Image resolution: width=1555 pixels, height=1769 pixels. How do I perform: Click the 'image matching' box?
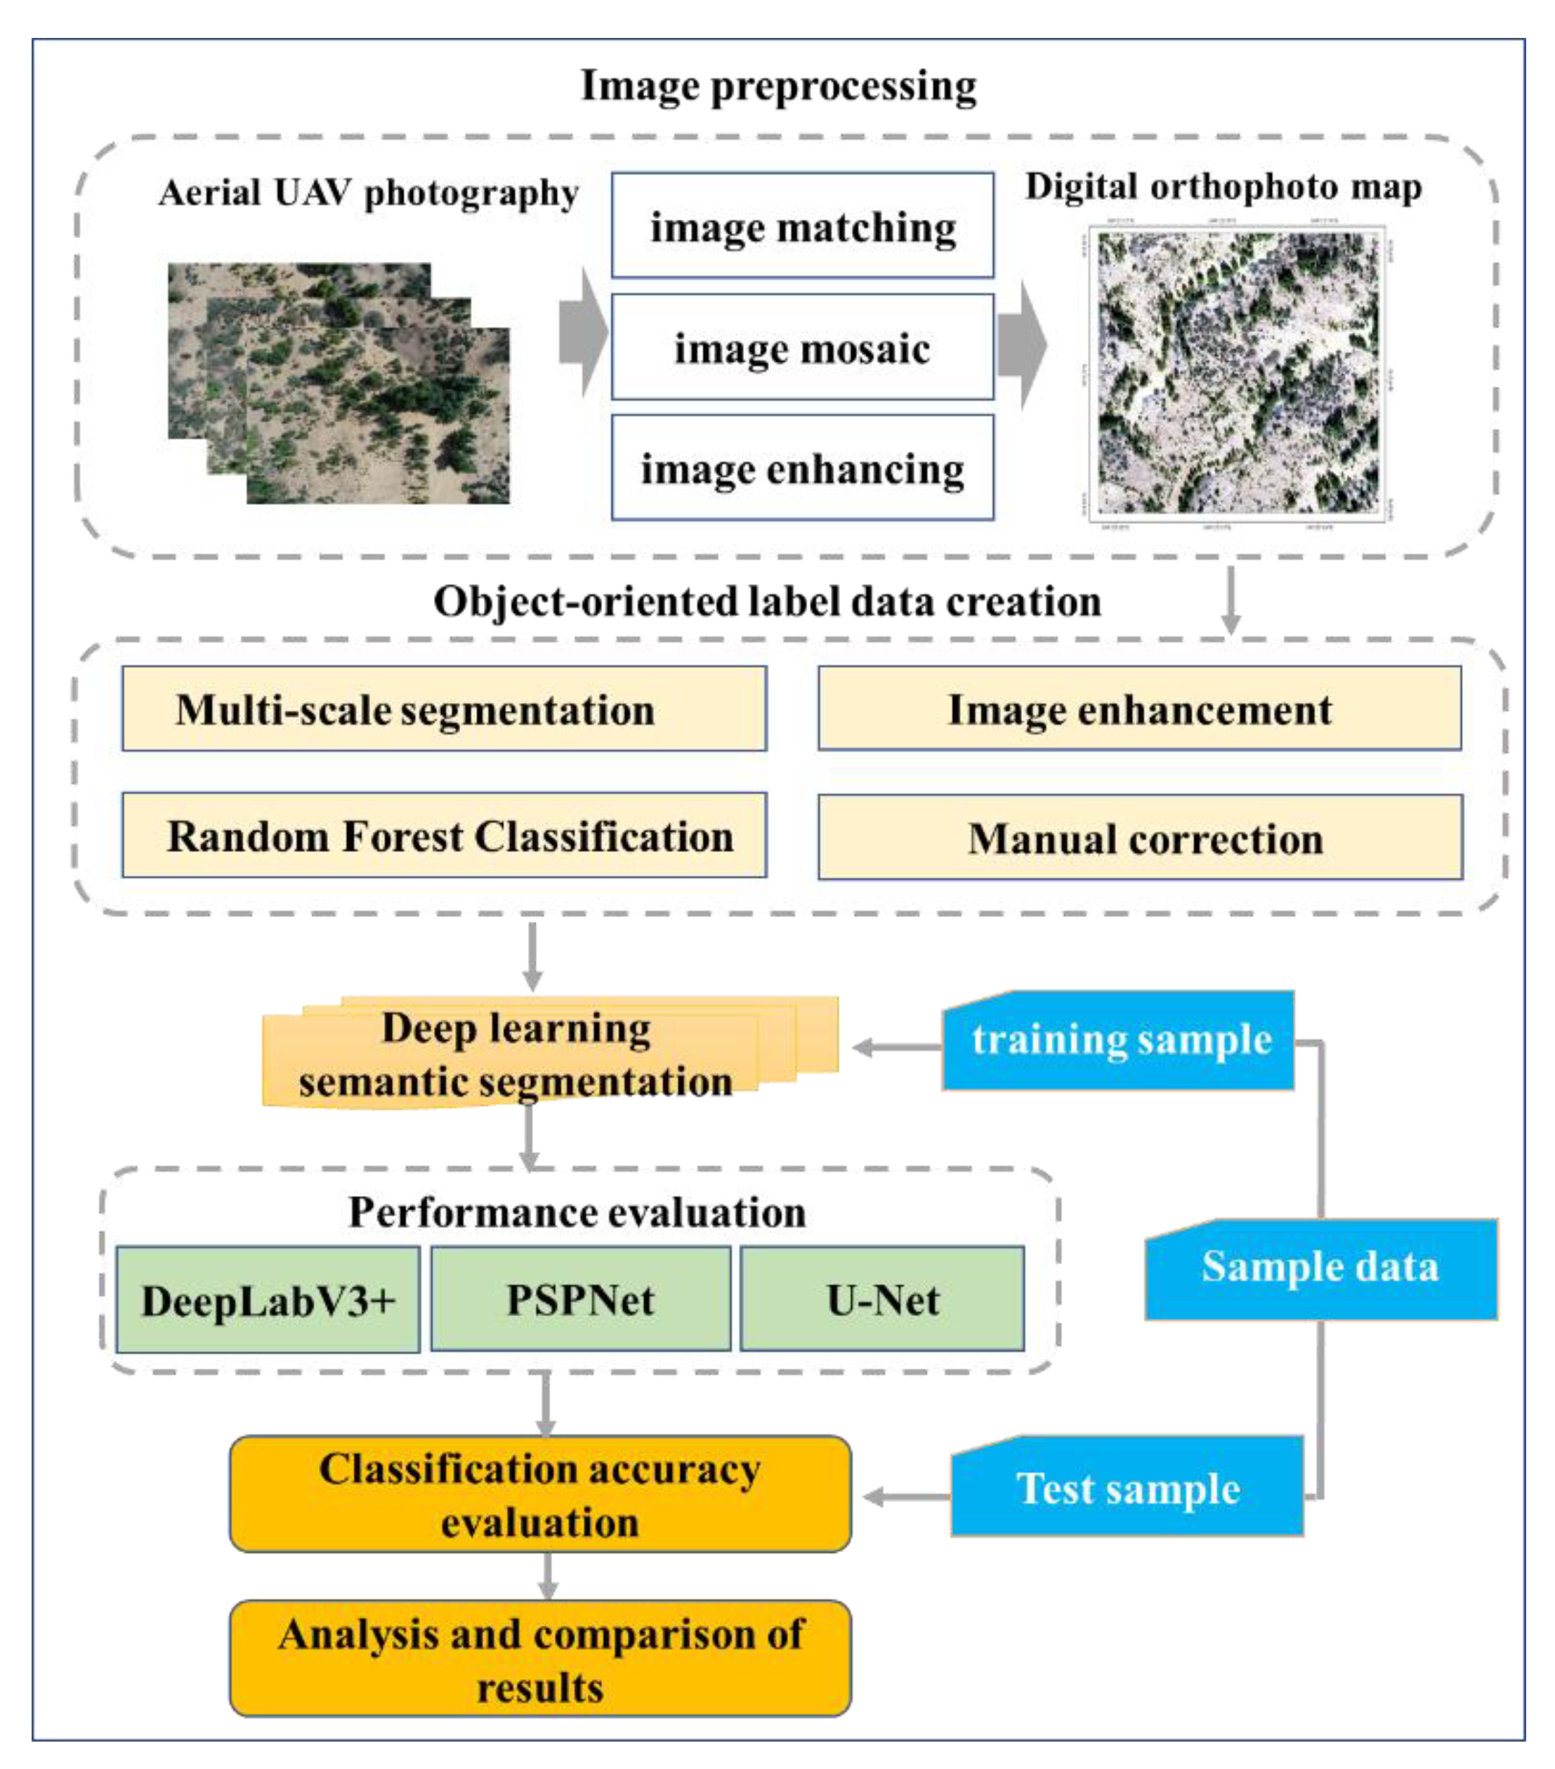click(802, 226)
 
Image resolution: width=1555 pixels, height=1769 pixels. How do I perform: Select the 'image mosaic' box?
click(802, 347)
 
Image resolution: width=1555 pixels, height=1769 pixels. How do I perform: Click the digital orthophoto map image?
click(1238, 374)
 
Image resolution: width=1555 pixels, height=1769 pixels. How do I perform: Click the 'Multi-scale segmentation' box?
click(444, 709)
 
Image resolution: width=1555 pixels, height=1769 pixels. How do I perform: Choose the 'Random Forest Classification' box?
click(444, 835)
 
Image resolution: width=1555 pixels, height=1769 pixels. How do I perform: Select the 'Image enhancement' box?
click(1140, 709)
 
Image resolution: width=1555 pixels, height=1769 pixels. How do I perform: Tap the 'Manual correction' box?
click(1140, 837)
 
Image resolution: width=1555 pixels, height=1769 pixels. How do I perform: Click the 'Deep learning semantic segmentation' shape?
click(519, 1054)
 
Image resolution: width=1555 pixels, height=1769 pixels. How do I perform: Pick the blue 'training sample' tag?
click(1118, 1040)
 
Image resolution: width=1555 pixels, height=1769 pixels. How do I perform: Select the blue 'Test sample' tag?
click(1127, 1489)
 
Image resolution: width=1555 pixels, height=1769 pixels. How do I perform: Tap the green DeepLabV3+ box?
click(268, 1300)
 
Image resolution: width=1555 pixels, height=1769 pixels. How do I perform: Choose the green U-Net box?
click(881, 1299)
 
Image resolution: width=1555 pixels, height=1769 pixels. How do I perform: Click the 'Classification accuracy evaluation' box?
click(540, 1494)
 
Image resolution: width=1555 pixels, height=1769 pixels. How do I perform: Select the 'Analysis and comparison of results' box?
click(540, 1659)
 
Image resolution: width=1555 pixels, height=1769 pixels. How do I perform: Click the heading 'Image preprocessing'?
click(778, 86)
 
